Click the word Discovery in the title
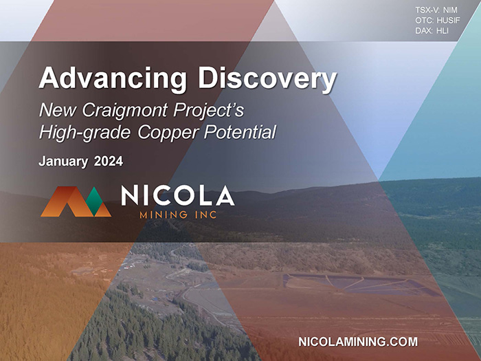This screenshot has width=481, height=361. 267,78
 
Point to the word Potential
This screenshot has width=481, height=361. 240,132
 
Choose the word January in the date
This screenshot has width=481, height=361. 63,162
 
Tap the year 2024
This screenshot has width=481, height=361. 109,161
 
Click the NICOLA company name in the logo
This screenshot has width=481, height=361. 178,195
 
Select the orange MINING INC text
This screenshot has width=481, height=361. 178,215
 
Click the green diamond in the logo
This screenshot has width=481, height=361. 94,201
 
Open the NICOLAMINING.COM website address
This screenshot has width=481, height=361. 358,342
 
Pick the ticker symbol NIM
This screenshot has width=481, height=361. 450,10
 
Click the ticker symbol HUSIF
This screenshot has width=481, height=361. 449,21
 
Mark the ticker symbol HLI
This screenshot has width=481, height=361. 443,31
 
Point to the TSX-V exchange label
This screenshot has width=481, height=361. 427,10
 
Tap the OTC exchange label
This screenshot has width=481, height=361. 425,21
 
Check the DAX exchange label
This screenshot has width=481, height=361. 424,31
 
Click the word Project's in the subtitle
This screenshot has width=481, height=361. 209,111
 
